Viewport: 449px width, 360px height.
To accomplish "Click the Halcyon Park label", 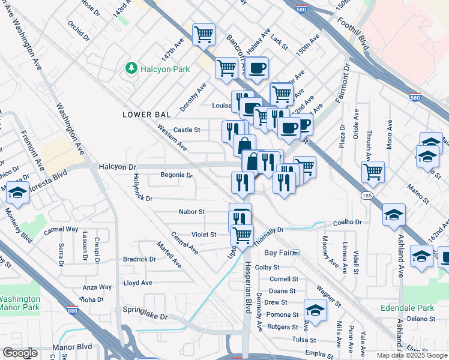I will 165,69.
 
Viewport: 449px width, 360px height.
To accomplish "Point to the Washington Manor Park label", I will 19,304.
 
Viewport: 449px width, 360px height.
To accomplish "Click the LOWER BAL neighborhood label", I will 147,114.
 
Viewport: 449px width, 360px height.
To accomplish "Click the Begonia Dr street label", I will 176,176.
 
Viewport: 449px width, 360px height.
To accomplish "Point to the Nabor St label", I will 192,212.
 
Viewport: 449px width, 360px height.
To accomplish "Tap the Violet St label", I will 203,235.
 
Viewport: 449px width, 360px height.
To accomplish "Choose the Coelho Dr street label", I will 348,222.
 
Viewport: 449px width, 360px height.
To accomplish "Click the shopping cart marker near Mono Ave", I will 373,172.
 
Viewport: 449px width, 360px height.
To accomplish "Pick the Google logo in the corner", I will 20,353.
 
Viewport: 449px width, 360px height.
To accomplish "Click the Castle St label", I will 186,130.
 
